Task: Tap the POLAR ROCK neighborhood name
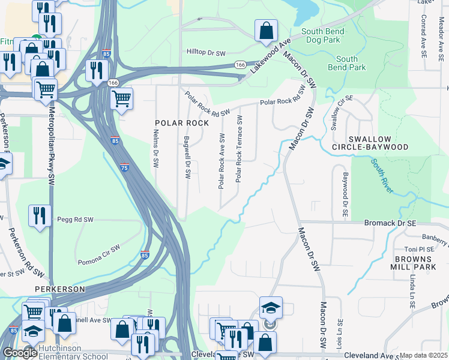pyautogui.click(x=182, y=123)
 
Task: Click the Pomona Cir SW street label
pyautogui.click(x=99, y=255)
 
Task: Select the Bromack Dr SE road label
pyautogui.click(x=390, y=222)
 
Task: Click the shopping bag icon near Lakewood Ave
pyautogui.click(x=266, y=31)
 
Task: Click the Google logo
pyautogui.click(x=19, y=353)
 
